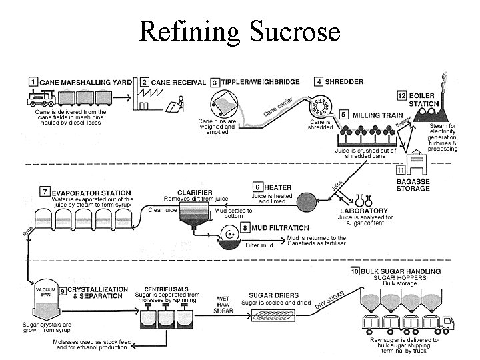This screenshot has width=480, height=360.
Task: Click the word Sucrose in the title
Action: pos(295,31)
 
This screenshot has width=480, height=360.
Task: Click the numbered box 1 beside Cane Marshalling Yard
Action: pos(33,82)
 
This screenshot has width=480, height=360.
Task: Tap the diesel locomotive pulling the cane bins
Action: pos(41,98)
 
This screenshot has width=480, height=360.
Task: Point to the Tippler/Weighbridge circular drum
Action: pos(225,104)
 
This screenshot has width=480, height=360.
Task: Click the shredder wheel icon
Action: pos(319,106)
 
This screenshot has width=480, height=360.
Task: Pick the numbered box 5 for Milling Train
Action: pos(343,115)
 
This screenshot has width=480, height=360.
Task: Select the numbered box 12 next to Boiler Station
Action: pos(401,95)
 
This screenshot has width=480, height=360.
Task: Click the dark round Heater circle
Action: pos(307,202)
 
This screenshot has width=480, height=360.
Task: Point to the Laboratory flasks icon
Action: pos(364,201)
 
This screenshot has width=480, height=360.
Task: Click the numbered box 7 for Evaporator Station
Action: pos(45,191)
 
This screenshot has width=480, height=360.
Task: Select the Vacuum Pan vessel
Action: pos(46,299)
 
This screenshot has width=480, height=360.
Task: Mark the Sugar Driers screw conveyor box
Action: pos(273,315)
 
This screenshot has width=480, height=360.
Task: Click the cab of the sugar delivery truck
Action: pos(447,323)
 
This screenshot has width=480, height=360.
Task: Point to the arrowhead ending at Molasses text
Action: pos(134,346)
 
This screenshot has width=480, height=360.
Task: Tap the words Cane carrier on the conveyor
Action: pos(278,107)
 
